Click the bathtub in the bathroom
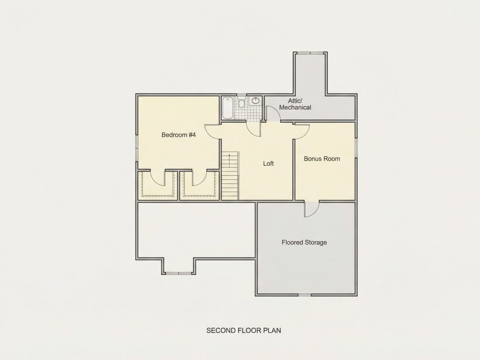[227, 108]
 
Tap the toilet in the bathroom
[241, 103]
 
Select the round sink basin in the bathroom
[256, 100]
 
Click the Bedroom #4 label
[178, 135]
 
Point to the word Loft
[268, 164]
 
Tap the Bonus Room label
[322, 158]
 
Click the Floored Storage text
[304, 243]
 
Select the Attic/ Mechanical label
[295, 104]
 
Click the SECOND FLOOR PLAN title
[243, 331]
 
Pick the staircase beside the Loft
[230, 176]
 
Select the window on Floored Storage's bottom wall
[305, 295]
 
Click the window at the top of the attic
[310, 53]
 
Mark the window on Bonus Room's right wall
[356, 147]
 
